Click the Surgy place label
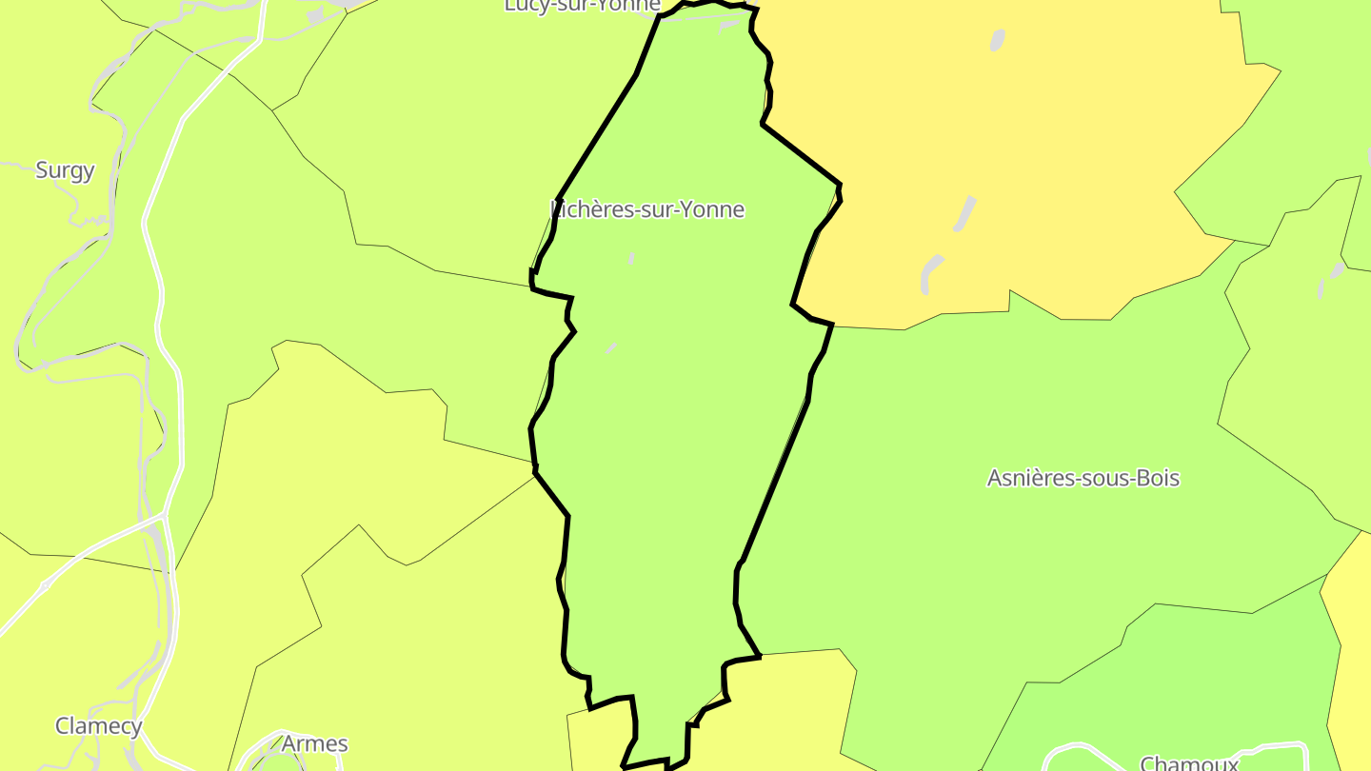pos(65,170)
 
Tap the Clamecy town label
pos(98,726)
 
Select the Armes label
pos(314,743)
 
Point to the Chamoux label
pos(1188,763)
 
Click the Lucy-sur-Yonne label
pos(582,6)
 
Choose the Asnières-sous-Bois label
pos(1083,478)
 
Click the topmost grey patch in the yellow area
pos(997,40)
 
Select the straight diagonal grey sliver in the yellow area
pos(965,213)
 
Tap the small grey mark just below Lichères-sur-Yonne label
pos(631,258)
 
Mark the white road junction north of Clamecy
pos(162,519)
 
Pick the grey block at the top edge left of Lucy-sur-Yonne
pos(315,16)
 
